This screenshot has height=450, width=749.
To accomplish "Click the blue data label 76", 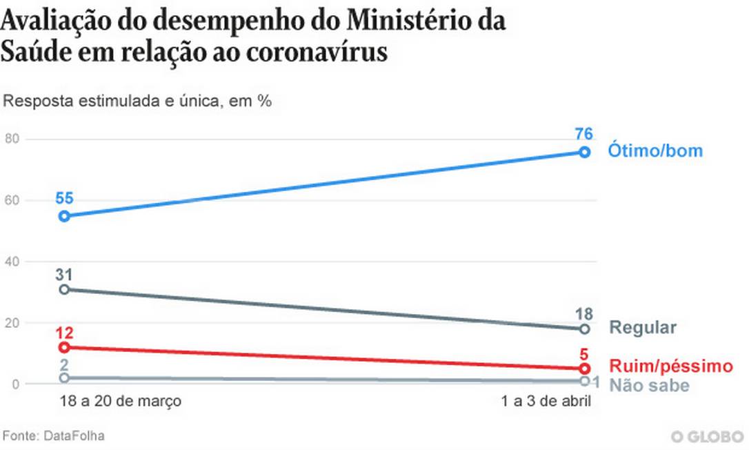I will pyautogui.click(x=584, y=134).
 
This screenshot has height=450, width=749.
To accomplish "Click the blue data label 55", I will pyautogui.click(x=64, y=199).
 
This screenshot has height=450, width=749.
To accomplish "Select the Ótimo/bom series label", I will pyautogui.click(x=655, y=151).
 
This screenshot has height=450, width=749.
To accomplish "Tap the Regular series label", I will pyautogui.click(x=643, y=328).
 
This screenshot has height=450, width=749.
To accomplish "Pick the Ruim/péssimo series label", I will pyautogui.click(x=670, y=366).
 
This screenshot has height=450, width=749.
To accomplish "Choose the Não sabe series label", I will pyautogui.click(x=649, y=385).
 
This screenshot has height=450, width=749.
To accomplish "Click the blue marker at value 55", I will pyautogui.click(x=64, y=216).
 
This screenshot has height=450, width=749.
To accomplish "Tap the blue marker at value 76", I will pyautogui.click(x=584, y=152).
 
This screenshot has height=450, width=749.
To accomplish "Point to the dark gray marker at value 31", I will pyautogui.click(x=64, y=289).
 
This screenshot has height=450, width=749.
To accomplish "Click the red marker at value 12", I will pyautogui.click(x=64, y=347).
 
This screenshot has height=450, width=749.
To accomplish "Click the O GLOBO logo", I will pyautogui.click(x=706, y=436).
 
